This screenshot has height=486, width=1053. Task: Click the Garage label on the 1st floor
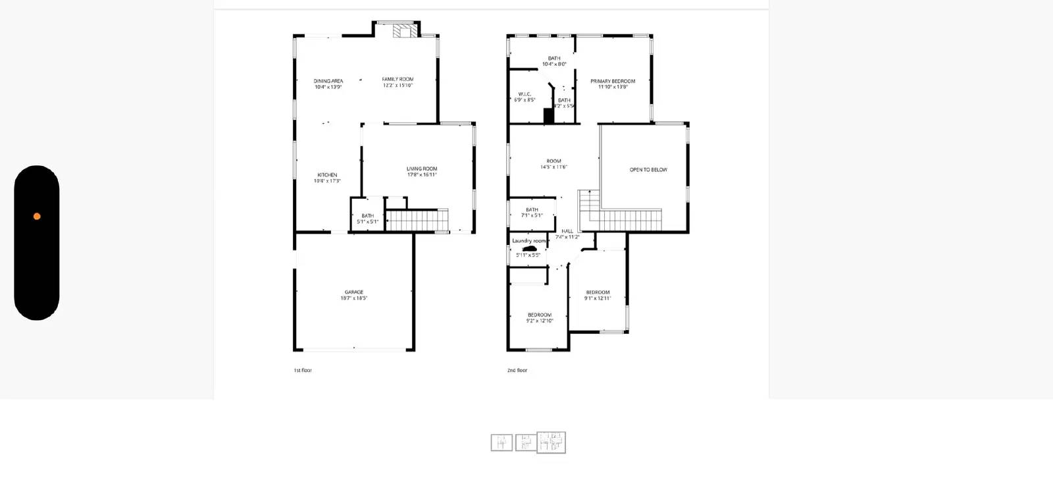(354, 295)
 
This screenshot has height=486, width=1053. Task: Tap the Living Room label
(421, 172)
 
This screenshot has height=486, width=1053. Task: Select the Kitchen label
(327, 178)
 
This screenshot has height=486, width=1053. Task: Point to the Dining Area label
(328, 84)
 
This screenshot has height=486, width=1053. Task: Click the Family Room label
(398, 82)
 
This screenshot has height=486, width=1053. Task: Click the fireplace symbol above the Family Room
(402, 30)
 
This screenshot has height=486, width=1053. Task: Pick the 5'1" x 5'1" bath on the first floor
(367, 219)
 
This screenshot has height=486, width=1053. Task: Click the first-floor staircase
(416, 220)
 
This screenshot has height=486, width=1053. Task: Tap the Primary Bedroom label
(613, 84)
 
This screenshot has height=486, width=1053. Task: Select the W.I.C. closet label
(525, 97)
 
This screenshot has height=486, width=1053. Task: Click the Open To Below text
(648, 170)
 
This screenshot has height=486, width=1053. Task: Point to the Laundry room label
(529, 241)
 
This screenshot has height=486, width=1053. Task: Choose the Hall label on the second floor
(567, 234)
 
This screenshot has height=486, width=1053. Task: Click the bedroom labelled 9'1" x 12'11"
(598, 295)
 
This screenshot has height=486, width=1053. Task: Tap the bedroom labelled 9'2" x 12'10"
(540, 317)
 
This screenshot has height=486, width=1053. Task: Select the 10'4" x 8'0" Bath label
(554, 61)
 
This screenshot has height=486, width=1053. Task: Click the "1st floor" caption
(303, 371)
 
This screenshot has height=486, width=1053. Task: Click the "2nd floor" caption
(517, 371)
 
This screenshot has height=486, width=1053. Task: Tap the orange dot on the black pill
(37, 216)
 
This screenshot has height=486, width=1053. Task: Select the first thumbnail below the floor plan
(501, 443)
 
